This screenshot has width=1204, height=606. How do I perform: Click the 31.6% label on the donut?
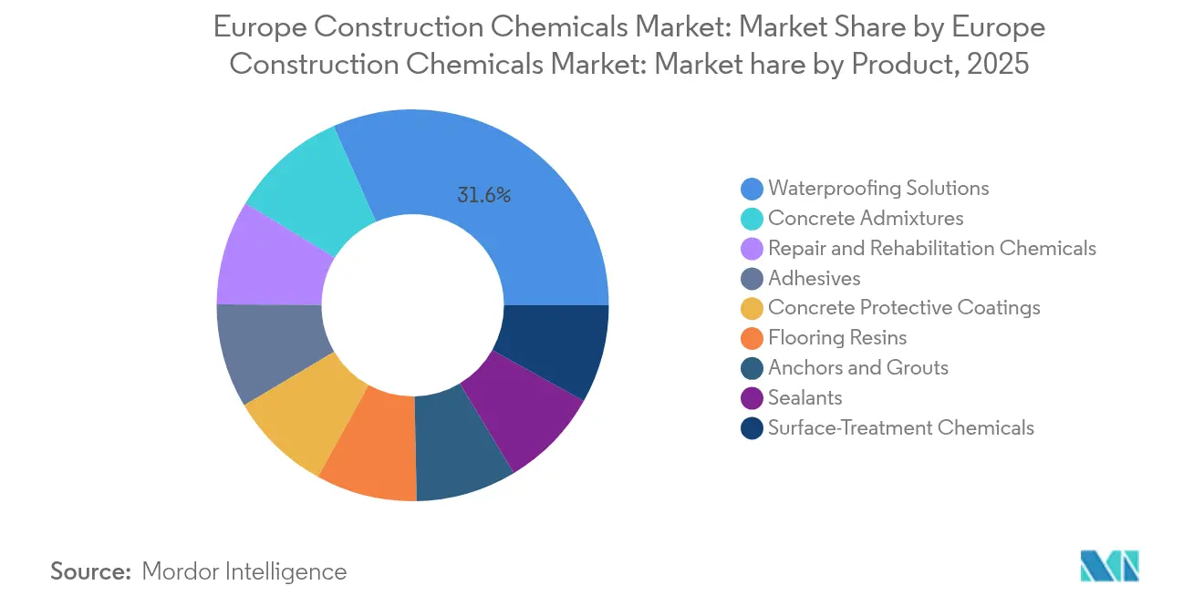pos(484,195)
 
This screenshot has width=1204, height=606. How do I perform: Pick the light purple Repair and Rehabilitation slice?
pos(268,261)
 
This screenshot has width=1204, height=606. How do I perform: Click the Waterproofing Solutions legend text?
pos(878,189)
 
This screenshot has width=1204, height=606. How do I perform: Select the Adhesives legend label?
pos(814,278)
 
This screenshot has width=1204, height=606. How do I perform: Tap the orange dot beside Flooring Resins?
pos(752,338)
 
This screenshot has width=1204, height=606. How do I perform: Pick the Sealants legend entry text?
pos(804,397)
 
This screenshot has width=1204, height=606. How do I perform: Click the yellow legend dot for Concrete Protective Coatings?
pos(752,308)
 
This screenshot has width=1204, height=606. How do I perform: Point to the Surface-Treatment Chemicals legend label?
pos(901,427)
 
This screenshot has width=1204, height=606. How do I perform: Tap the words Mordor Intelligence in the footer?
pos(244,571)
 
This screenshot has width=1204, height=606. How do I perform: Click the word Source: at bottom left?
pos(91,571)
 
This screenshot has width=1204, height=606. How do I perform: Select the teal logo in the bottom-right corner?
pos(1110,566)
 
